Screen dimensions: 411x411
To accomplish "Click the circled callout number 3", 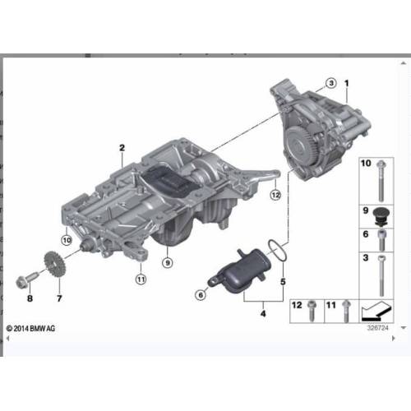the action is click(331, 83).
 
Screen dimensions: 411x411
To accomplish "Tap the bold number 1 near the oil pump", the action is click(347, 83).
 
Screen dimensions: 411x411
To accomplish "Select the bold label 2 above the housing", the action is click(122, 148).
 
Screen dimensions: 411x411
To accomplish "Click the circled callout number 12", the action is click(275, 195).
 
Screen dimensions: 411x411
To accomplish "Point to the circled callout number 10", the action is click(67, 240).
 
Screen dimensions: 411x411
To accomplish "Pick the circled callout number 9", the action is click(168, 263).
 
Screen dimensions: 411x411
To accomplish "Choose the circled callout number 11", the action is click(141, 279).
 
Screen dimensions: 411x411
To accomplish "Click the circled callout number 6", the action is click(201, 295).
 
